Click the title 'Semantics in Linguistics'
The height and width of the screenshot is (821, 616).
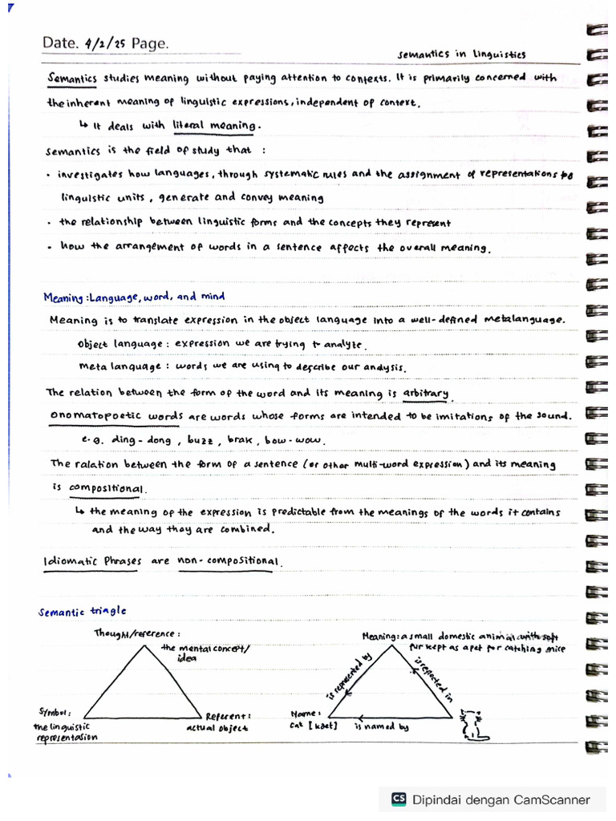pos(462,55)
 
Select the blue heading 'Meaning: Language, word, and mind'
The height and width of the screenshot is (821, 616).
pos(134,297)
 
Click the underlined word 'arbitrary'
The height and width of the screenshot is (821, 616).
pos(426,393)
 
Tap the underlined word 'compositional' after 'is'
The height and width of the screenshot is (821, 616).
pos(107,487)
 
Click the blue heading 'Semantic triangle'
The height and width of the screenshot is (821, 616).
pos(83,612)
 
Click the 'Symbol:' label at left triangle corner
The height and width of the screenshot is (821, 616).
pos(55,711)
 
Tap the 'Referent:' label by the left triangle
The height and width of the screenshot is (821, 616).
pos(229,716)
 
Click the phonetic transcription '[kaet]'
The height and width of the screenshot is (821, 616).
pos(324,726)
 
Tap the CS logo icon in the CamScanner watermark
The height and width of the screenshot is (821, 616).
pos(398,799)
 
